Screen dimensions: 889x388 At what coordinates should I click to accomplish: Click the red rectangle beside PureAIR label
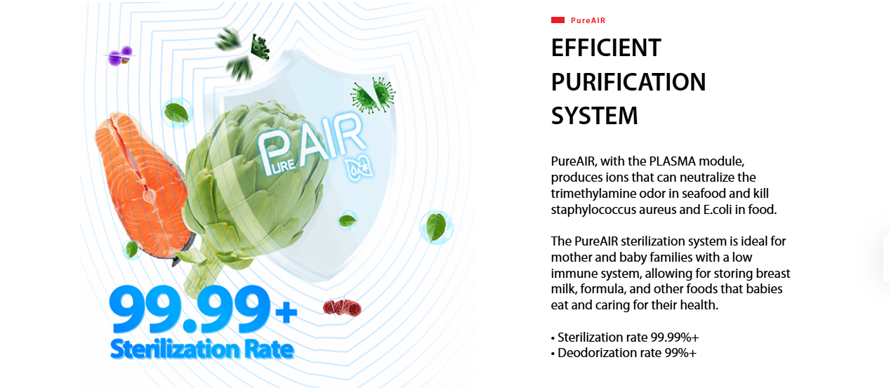point(558,20)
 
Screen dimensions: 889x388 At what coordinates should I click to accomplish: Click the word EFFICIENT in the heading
point(606,48)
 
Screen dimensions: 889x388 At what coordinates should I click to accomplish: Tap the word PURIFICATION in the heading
point(628,82)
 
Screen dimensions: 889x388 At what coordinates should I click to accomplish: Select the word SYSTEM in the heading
point(594,116)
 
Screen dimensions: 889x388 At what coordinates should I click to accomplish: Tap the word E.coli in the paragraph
point(718,210)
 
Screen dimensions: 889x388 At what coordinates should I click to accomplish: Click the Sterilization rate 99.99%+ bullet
point(625,337)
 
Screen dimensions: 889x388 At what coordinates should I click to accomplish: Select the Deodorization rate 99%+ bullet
point(624,353)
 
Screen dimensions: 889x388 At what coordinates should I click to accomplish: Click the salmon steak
point(144,187)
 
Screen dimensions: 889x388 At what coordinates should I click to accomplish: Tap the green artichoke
point(254,190)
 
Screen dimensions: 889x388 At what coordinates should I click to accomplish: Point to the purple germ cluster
point(120,55)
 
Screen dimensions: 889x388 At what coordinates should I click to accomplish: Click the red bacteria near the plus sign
point(342,307)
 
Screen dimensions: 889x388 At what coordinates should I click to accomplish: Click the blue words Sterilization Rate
point(202,349)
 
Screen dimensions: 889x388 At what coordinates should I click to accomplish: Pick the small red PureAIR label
point(588,20)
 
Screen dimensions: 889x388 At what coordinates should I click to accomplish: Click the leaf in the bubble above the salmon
point(177,112)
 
